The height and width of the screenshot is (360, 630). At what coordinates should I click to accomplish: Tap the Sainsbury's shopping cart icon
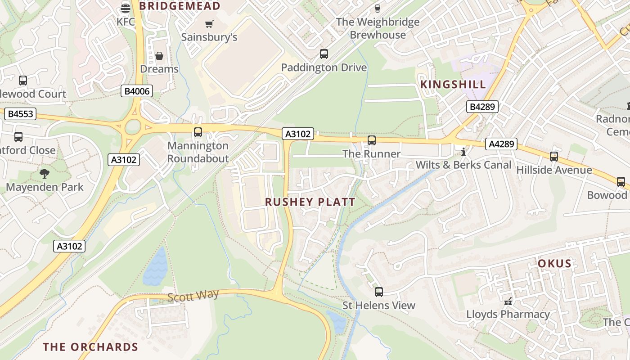(x=209, y=24)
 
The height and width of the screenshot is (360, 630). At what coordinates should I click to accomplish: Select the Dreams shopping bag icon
(x=159, y=56)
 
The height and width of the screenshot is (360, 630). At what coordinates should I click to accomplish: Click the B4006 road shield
(x=137, y=91)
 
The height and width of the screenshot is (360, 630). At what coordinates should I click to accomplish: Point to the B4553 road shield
(x=21, y=114)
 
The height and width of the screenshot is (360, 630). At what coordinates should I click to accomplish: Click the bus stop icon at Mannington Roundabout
(x=198, y=132)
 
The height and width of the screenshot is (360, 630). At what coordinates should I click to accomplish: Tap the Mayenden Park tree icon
(x=45, y=173)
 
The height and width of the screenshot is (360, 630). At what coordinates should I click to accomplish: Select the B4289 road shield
(x=482, y=107)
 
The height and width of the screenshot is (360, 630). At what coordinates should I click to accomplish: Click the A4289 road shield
(x=501, y=144)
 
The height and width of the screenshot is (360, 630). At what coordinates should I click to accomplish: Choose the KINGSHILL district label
(x=453, y=85)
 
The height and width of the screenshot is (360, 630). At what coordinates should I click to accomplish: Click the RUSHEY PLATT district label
(x=310, y=202)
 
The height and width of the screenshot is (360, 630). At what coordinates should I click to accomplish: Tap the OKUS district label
(x=554, y=264)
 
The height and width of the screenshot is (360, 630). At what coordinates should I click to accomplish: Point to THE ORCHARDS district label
(x=90, y=347)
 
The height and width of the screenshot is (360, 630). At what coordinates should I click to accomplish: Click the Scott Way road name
(x=193, y=295)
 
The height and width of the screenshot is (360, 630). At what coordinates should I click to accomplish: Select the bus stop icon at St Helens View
(x=379, y=292)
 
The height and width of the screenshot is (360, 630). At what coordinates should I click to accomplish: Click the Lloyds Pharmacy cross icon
(x=508, y=301)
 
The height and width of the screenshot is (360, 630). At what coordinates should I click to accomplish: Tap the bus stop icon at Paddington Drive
(x=324, y=54)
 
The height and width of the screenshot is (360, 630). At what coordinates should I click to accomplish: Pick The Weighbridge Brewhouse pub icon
(x=378, y=8)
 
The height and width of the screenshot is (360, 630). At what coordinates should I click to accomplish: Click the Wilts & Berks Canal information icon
(x=463, y=152)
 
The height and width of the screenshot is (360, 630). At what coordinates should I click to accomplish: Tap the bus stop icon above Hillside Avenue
(x=554, y=157)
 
